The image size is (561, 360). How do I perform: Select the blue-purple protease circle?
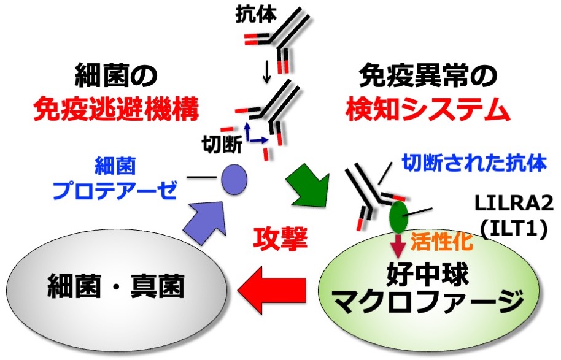coord(234,178)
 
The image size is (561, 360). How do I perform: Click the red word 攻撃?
coord(279,236)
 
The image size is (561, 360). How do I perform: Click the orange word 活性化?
coord(436,240)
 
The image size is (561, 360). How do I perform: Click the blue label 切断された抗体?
coord(474,164)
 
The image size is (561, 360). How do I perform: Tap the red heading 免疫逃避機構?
coord(116,111)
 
